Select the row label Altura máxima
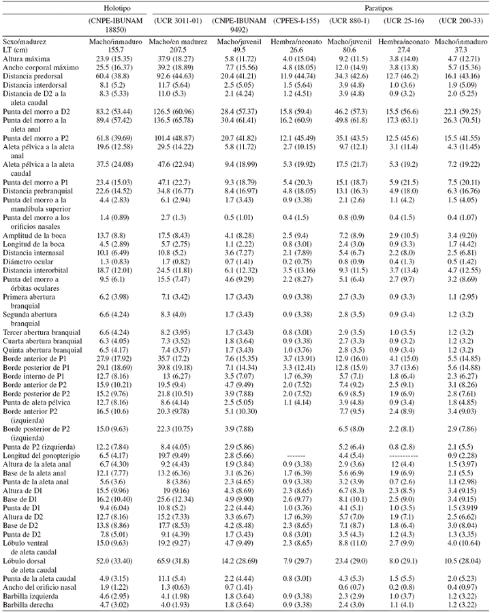point(25,59)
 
